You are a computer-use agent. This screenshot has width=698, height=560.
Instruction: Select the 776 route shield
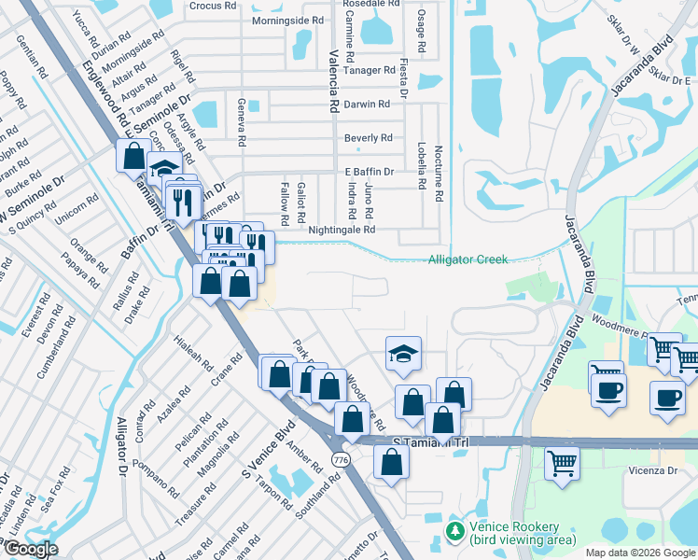coord(342,460)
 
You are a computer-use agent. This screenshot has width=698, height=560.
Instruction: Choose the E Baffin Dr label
coord(370,172)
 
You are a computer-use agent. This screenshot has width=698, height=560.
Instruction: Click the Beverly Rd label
coord(368,138)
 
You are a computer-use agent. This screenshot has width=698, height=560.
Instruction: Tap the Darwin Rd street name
coord(367,105)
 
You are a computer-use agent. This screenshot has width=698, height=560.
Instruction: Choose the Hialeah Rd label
coord(193,354)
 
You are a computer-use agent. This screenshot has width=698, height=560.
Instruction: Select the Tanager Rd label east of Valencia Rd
coord(369,70)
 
